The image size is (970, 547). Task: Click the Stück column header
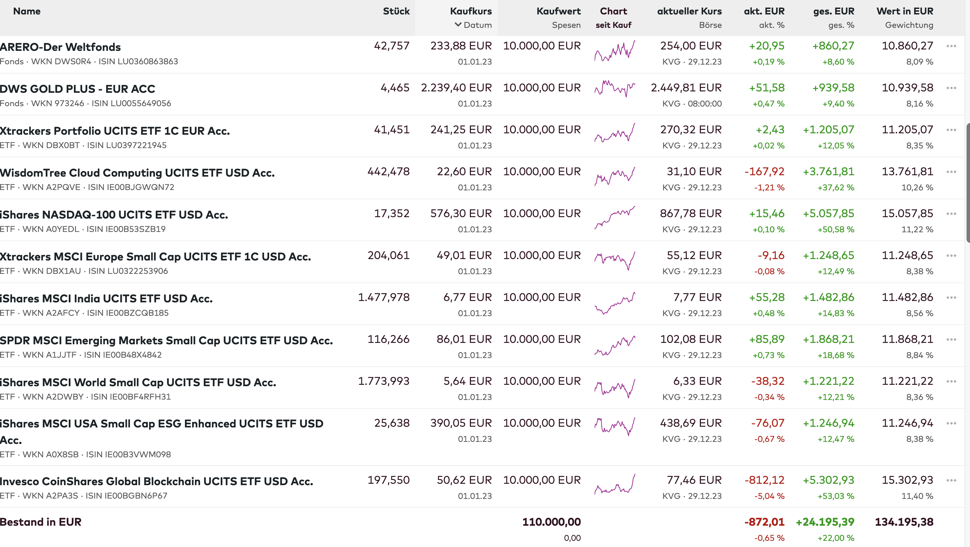[x=396, y=11]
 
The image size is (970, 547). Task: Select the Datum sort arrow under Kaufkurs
[x=458, y=25]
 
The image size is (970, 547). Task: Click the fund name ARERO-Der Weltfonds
[x=60, y=47]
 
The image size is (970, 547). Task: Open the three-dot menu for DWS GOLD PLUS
[x=951, y=88]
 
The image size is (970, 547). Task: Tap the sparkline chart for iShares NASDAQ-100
[x=615, y=217]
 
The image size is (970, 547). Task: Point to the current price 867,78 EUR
[x=691, y=213]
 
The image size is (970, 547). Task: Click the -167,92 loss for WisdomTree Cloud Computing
[x=764, y=172]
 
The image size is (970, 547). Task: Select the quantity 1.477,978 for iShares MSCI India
[x=383, y=298]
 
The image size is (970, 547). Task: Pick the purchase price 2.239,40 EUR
[x=456, y=88]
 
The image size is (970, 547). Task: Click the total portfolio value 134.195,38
[x=904, y=522]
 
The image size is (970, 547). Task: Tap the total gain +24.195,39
[x=825, y=522]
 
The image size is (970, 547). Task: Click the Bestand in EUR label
[x=41, y=522]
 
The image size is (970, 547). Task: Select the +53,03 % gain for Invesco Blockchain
[x=836, y=496]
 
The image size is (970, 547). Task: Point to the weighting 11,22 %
[x=917, y=229]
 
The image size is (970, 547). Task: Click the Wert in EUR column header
[x=904, y=11]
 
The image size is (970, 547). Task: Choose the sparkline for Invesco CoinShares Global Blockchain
[x=615, y=484]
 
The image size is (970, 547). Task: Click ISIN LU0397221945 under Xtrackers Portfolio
[x=126, y=145]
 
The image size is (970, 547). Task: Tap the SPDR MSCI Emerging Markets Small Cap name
[x=166, y=340]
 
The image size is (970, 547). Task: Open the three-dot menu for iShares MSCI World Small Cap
[x=951, y=381]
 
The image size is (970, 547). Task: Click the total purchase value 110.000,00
[x=551, y=522]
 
